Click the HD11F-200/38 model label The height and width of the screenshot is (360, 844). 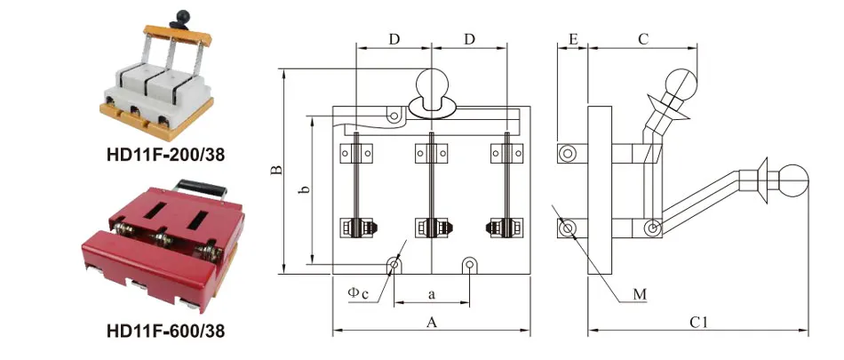click(x=166, y=156)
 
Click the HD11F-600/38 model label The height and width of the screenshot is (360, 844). click(x=166, y=330)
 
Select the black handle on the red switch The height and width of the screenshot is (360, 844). click(x=202, y=188)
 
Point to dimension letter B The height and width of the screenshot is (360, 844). click(x=276, y=171)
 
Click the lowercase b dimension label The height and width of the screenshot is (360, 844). click(x=304, y=189)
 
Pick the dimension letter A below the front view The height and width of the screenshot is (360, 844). click(x=431, y=323)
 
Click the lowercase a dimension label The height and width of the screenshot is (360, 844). click(x=431, y=295)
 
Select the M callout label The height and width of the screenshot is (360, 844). click(x=640, y=294)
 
